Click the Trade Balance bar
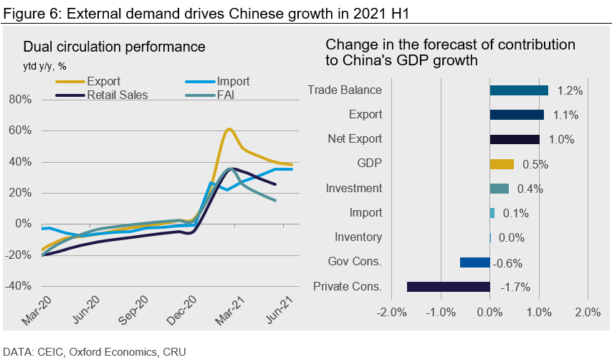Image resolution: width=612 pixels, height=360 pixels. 519,90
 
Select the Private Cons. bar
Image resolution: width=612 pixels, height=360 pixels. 448,287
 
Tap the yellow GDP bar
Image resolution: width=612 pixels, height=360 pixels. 502,164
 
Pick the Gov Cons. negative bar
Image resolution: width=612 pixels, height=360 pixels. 474,262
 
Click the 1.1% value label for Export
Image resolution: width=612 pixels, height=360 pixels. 565,115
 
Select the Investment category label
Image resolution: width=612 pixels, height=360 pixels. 353,188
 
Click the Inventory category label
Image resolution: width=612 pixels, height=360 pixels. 358,237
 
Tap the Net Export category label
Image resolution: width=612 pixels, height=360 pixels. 355,139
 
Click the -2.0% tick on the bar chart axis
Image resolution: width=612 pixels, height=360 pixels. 392,313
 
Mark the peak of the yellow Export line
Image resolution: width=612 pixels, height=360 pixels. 228,129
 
